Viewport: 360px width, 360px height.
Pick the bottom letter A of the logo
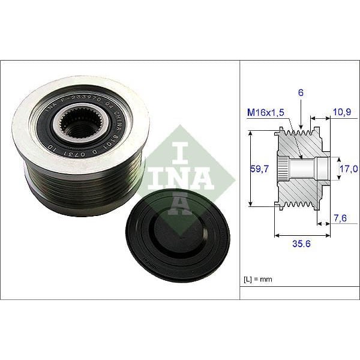(x=179, y=203)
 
